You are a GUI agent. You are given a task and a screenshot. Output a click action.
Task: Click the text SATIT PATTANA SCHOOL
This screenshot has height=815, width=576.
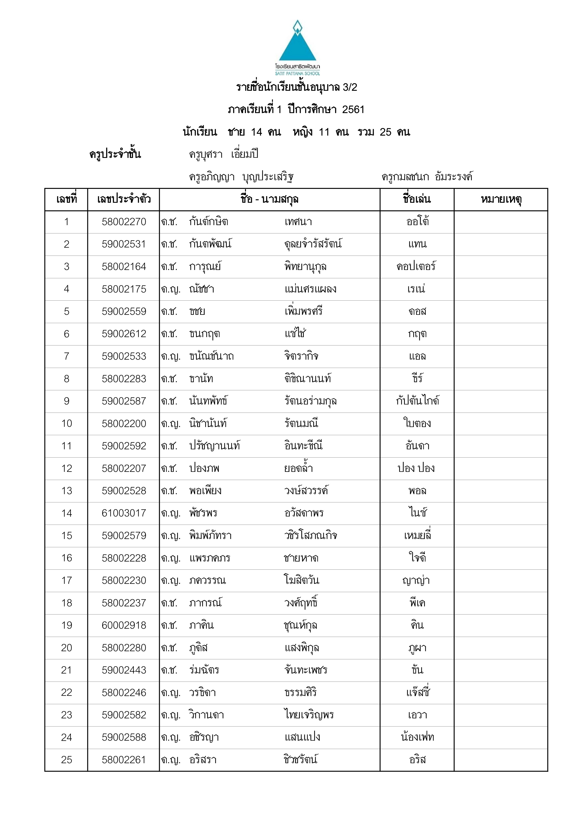click(x=297, y=73)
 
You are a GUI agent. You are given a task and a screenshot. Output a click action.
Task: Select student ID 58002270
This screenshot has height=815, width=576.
click(x=124, y=222)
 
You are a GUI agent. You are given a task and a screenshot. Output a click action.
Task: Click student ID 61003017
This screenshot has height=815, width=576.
click(x=124, y=513)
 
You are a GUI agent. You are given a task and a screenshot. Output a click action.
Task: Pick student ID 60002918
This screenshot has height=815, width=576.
click(x=124, y=625)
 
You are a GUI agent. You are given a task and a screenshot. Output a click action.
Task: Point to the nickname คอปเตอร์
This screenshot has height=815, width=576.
click(x=417, y=266)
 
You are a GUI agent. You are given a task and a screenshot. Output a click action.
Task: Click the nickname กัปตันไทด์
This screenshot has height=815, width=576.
click(x=417, y=401)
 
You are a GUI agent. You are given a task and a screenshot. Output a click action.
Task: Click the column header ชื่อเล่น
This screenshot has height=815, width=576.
click(x=417, y=199)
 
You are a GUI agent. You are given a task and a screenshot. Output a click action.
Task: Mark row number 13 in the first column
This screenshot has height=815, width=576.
click(x=67, y=491)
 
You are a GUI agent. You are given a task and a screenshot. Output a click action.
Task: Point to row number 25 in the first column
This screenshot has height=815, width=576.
click(x=67, y=760)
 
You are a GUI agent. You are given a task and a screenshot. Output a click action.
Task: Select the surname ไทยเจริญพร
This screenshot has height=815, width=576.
click(x=309, y=715)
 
